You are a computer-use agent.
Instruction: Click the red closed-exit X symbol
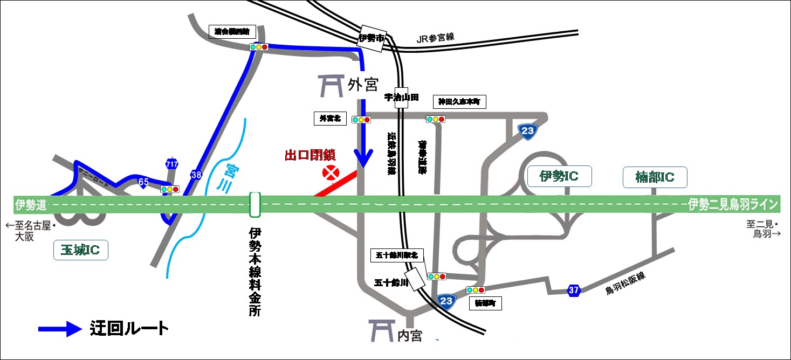(329, 172)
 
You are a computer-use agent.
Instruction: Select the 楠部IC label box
(655, 177)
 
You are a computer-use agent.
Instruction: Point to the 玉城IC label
(81, 250)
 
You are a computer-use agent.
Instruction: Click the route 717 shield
(172, 164)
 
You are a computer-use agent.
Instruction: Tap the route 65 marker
(143, 182)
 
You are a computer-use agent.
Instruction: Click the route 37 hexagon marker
(574, 291)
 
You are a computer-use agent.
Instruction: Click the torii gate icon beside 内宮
(380, 330)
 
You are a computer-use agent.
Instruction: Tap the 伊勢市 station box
(372, 39)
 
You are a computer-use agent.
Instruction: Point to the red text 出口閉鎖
(310, 156)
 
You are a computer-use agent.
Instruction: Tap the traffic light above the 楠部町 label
(476, 290)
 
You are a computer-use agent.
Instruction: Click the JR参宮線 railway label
(436, 38)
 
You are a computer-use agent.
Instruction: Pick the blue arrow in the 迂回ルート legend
(59, 328)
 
